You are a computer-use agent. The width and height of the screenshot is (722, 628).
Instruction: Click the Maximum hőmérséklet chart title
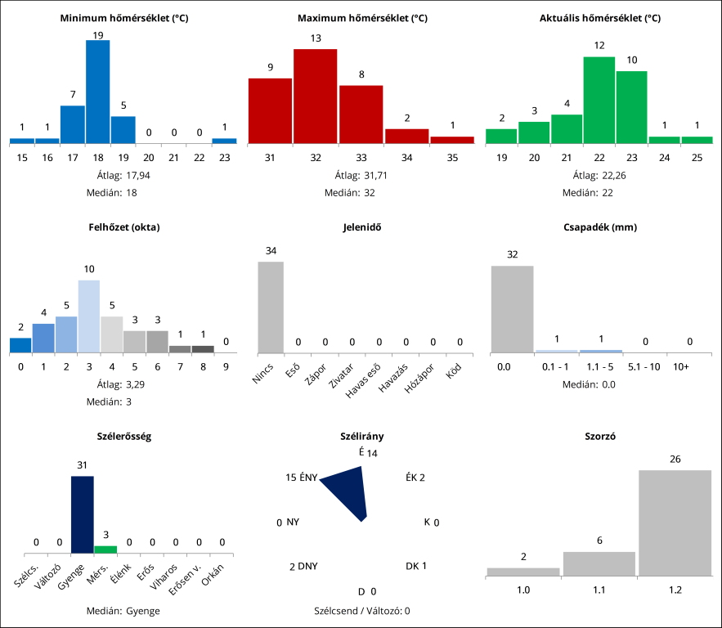click(x=362, y=18)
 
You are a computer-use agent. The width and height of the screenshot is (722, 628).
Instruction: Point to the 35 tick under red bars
click(x=451, y=157)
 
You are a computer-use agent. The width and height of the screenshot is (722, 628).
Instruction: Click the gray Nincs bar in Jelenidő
click(x=271, y=307)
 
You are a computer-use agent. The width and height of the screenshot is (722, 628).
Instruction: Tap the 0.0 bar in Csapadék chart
click(x=512, y=308)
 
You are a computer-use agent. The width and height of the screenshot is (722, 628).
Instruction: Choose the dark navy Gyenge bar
click(x=83, y=514)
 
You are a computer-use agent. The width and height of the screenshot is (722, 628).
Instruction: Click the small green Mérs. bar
click(x=105, y=549)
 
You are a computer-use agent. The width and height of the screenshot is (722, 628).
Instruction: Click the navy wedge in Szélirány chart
click(x=348, y=491)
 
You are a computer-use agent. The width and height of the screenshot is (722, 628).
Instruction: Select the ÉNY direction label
click(x=308, y=478)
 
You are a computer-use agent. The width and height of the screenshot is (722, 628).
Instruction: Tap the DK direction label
click(x=412, y=566)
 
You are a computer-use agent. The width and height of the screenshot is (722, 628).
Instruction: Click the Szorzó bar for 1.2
click(x=675, y=523)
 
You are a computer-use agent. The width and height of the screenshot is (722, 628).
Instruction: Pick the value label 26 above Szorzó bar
click(x=675, y=460)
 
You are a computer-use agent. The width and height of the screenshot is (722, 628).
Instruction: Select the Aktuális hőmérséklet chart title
click(x=600, y=18)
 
